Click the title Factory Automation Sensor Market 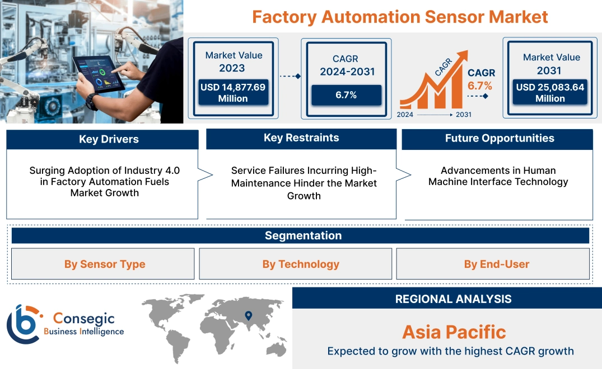click(400, 16)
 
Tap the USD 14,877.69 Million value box click(232, 92)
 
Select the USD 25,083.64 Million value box click(550, 92)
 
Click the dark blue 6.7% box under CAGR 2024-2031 click(346, 95)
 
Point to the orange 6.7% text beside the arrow click(480, 86)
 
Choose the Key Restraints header click(301, 138)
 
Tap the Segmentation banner click(303, 235)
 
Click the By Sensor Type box click(104, 264)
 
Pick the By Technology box click(301, 264)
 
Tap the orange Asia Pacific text click(454, 332)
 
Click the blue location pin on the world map click(248, 316)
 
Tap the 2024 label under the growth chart click(405, 115)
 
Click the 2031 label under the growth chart click(463, 115)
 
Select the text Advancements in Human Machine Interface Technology click(498, 176)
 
